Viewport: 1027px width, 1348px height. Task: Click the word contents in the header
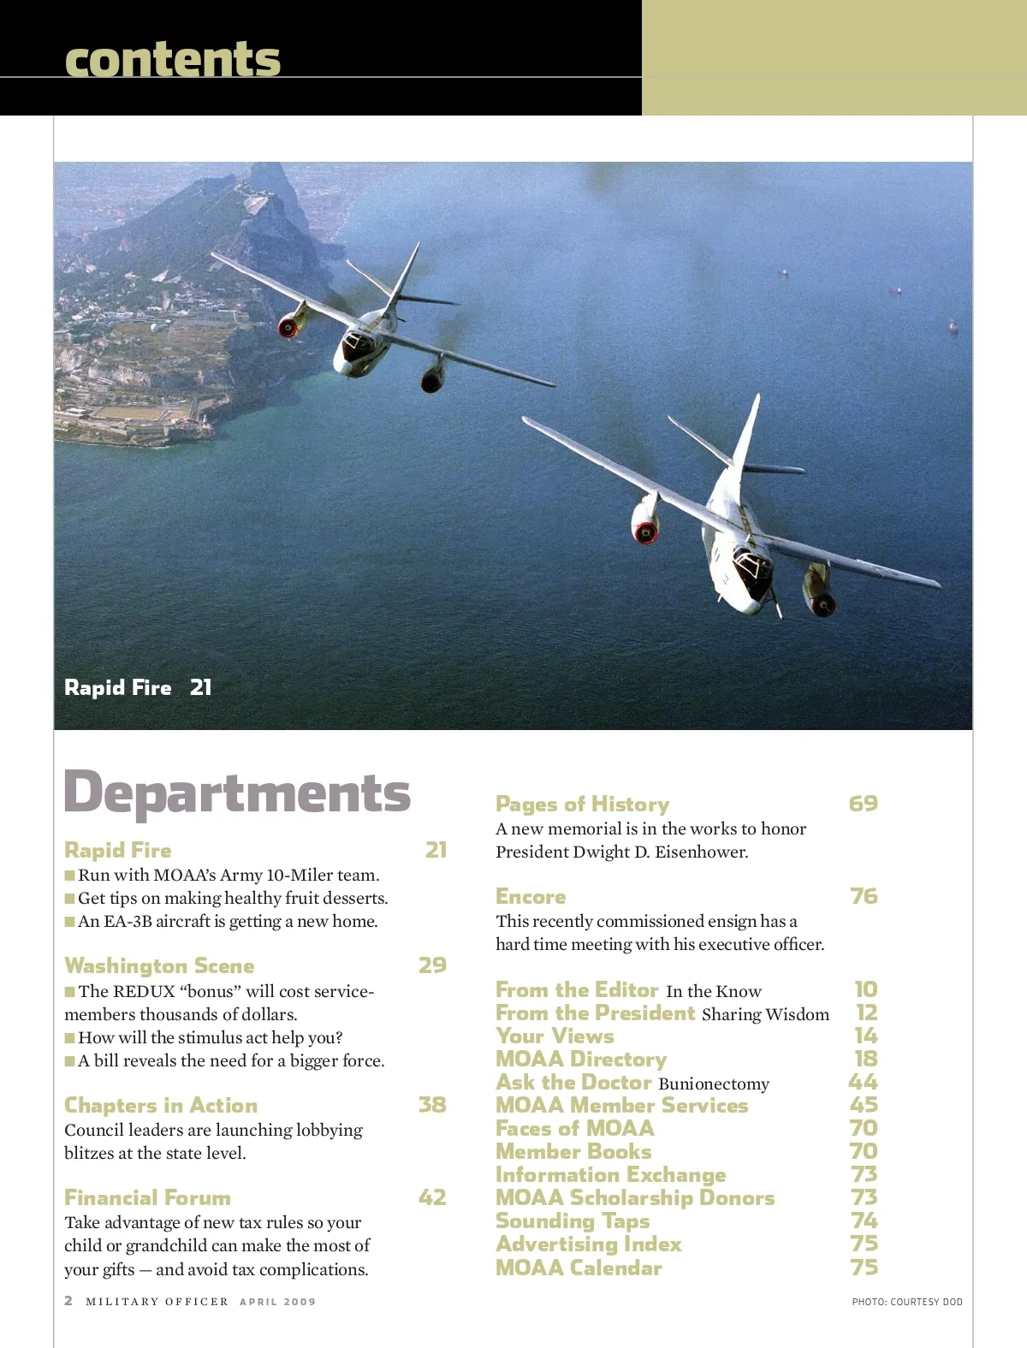[x=172, y=59]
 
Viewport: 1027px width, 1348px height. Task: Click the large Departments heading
[x=237, y=793]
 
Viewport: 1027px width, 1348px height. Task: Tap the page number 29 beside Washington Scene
[x=432, y=965]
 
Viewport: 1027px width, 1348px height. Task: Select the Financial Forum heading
[x=147, y=1197]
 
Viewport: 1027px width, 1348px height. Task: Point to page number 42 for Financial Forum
[x=432, y=1197]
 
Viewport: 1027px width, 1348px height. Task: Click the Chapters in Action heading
[x=160, y=1105]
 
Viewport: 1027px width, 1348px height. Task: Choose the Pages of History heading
[x=582, y=804]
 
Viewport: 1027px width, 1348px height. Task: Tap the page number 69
[x=863, y=804]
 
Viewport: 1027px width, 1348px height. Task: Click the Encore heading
[x=531, y=896]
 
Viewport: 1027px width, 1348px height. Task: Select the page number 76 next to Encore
[x=864, y=896]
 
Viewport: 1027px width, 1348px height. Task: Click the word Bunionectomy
[x=714, y=1084]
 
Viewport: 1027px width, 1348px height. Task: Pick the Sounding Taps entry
[x=573, y=1221]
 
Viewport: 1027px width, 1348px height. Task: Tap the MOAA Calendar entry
[x=579, y=1268]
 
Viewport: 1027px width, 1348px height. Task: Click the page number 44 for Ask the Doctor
[x=863, y=1082]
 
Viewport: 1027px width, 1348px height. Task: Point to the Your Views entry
[x=555, y=1036]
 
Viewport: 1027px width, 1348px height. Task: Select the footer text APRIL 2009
[x=277, y=1302]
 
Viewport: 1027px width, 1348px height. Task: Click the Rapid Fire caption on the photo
[x=118, y=687]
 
